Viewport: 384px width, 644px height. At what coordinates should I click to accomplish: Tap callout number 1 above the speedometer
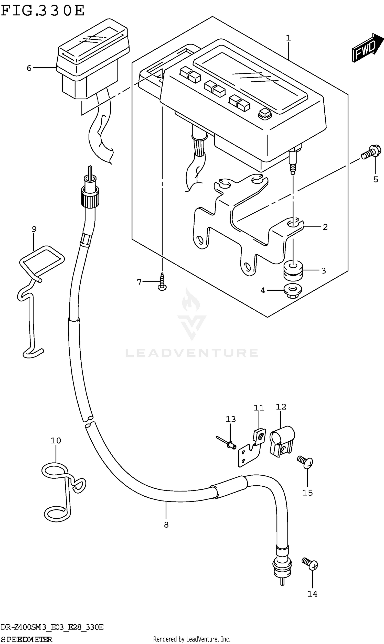pos(288,38)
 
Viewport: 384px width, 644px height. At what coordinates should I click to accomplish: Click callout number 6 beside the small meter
pos(29,68)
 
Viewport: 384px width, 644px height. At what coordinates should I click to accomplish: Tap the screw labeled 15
pos(306,462)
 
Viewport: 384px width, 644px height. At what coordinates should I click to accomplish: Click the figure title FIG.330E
pos(43,10)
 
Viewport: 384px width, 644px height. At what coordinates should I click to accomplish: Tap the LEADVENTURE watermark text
pos(192,353)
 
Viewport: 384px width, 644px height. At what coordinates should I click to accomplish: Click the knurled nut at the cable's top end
pos(90,197)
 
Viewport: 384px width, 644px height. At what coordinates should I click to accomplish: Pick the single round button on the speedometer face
pos(265,114)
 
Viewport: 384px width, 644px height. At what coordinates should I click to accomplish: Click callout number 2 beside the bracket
pos(325,227)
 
